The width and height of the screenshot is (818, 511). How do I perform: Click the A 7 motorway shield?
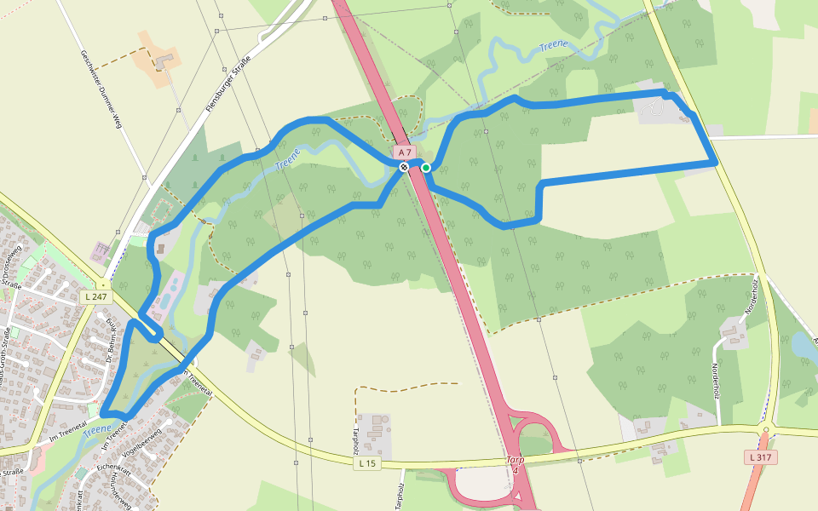[404, 152]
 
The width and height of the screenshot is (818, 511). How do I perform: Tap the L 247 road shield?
[95, 296]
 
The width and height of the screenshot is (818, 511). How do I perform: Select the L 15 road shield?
[366, 463]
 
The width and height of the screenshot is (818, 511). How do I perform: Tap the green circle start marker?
[426, 167]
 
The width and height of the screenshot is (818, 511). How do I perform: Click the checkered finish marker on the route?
[404, 167]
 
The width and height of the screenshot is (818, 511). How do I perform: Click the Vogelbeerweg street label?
[143, 443]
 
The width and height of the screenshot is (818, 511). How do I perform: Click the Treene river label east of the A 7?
[555, 46]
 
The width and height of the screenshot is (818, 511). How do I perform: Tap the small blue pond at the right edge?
[804, 346]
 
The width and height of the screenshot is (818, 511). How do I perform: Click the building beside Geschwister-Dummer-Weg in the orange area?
[163, 61]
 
